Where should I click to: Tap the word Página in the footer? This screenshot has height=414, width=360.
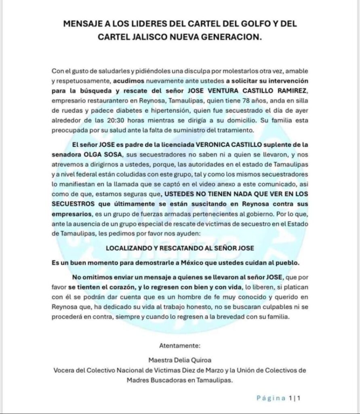click(271, 398)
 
